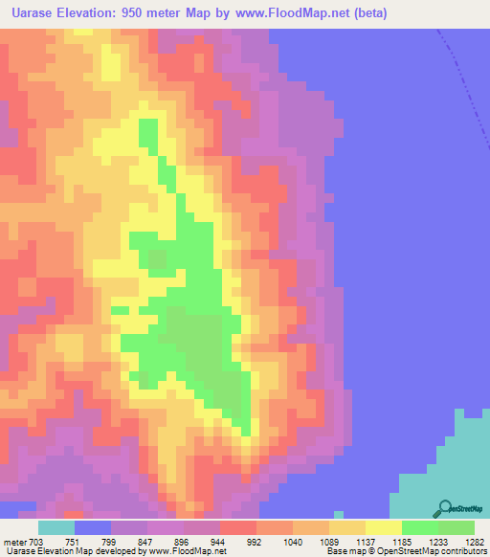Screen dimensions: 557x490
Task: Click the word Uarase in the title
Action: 32,12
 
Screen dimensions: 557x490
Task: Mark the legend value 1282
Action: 476,541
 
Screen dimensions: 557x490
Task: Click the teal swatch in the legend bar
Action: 56,527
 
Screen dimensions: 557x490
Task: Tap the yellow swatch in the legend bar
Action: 384,527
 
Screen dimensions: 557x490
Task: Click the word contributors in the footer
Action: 463,551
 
